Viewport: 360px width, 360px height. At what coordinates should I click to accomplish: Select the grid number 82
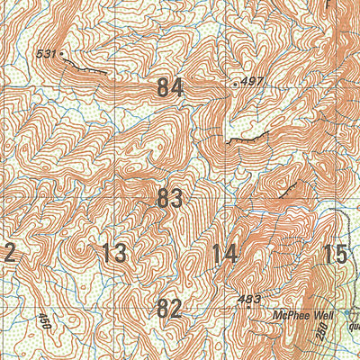[169, 308]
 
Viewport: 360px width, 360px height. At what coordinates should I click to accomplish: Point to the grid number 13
[114, 253]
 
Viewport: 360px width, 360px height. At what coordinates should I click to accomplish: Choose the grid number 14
[224, 253]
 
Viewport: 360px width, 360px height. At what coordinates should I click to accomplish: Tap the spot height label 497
[253, 82]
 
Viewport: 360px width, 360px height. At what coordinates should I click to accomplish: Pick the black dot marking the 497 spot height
[236, 84]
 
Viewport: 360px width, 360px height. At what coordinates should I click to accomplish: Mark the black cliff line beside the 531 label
[85, 66]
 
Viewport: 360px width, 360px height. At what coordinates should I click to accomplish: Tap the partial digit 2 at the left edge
[7, 253]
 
